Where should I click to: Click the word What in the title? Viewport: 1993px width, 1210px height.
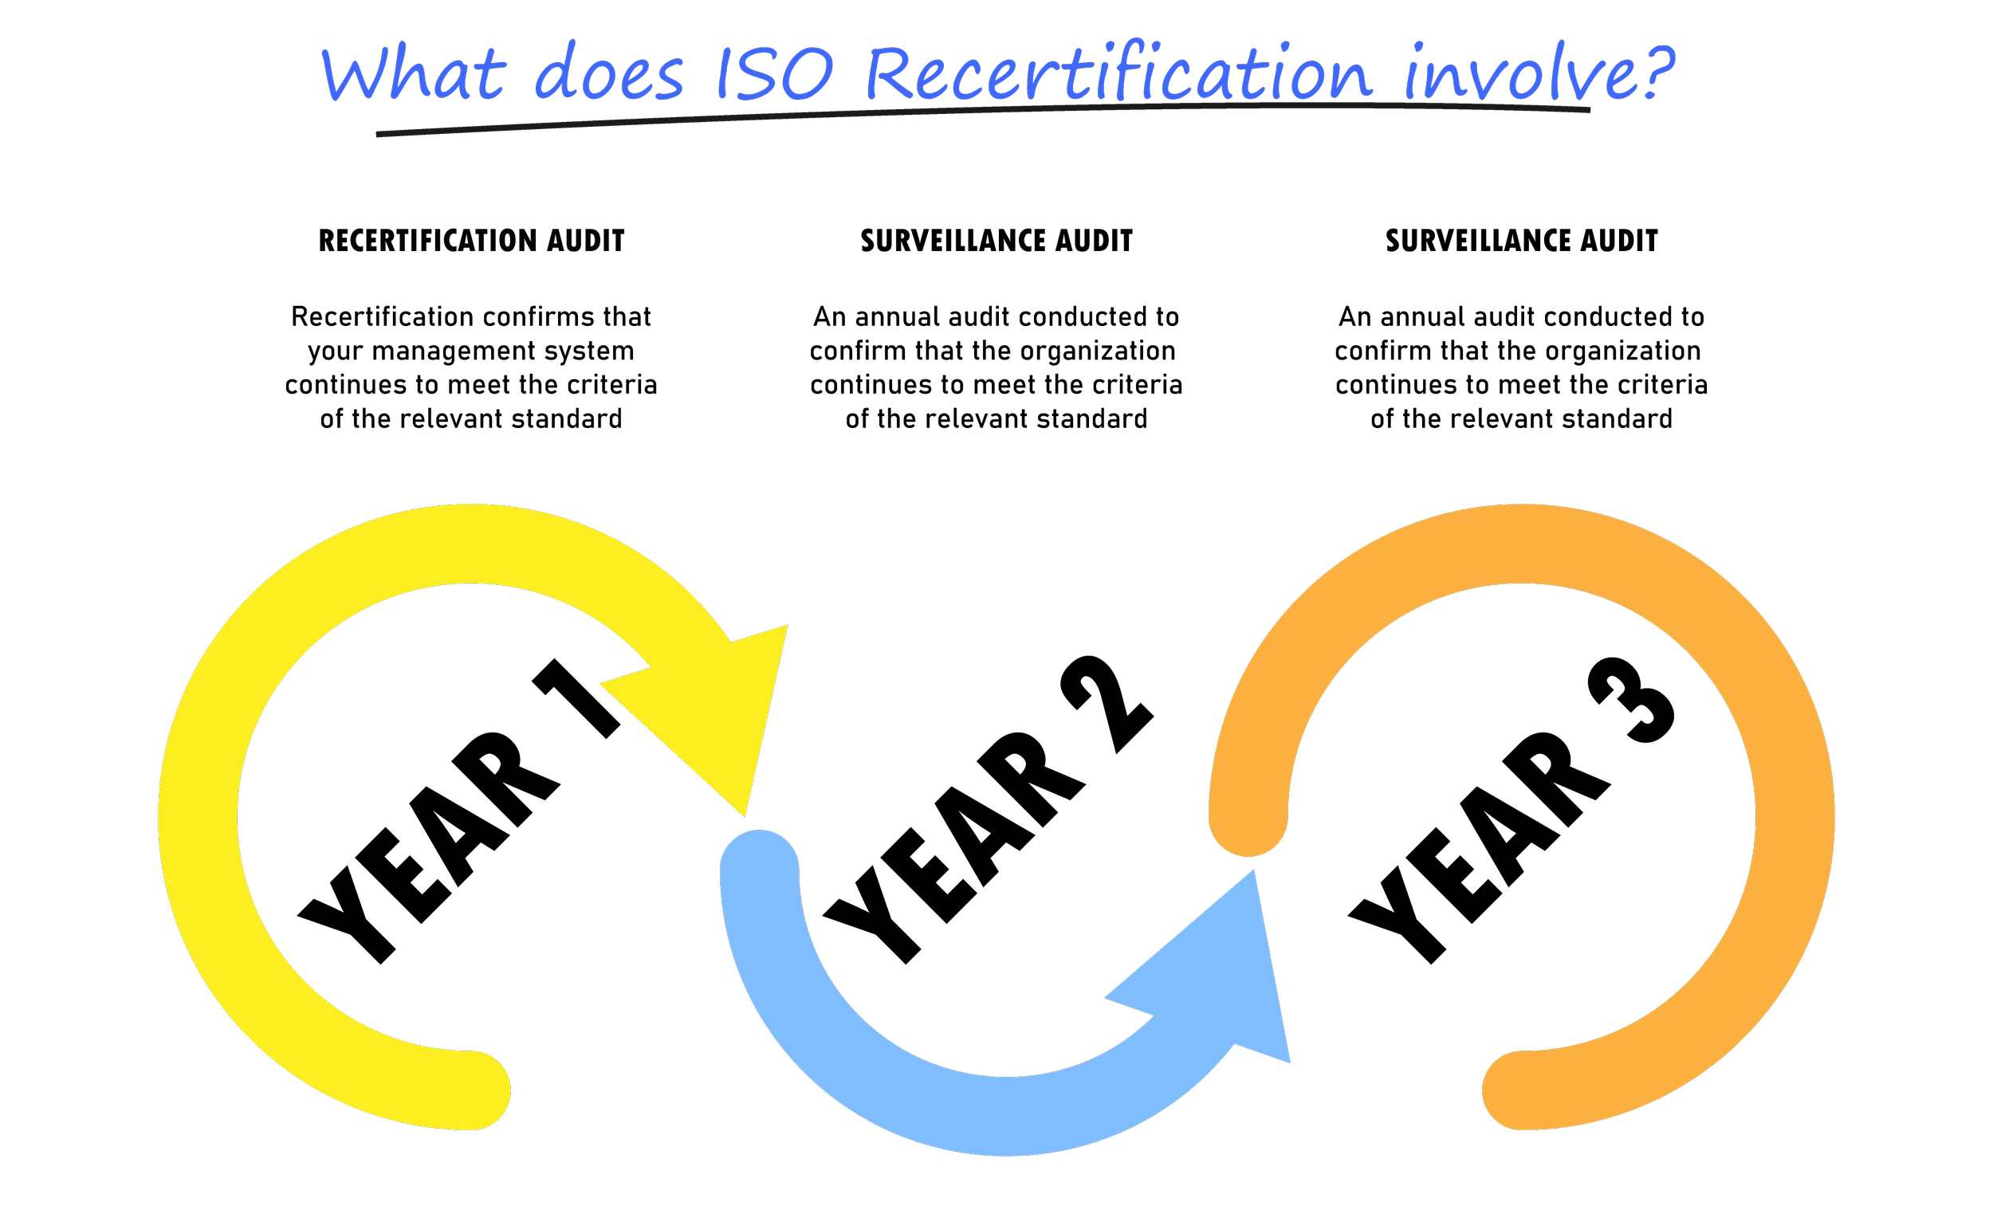tap(412, 74)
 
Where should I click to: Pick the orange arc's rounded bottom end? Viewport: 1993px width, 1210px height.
tap(1520, 1090)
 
